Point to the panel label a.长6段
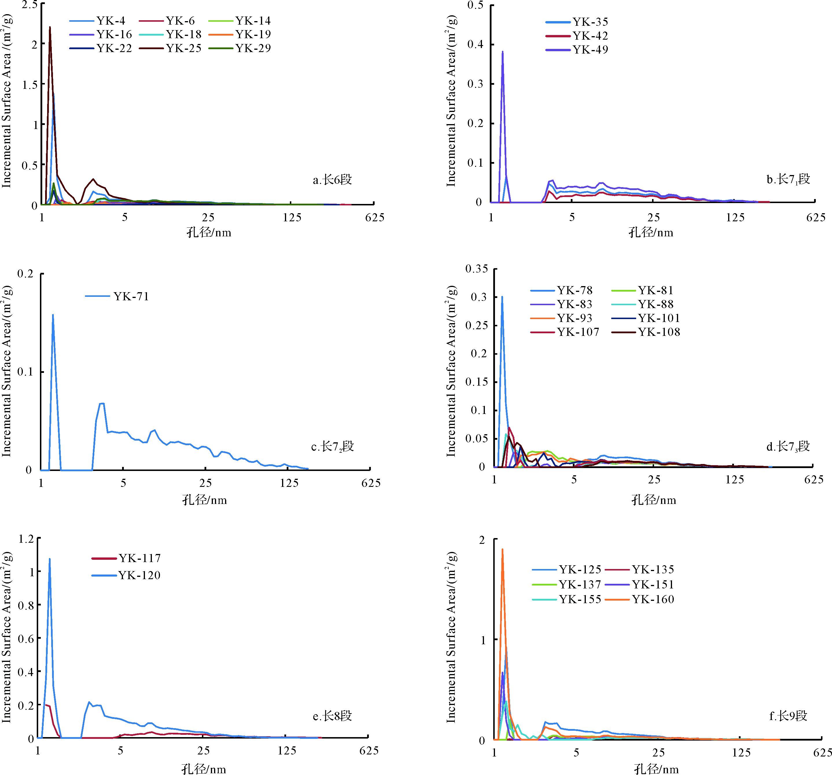332,180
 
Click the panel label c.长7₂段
332,446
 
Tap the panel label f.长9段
788,716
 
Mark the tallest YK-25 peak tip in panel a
50,27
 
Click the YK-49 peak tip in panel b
502,52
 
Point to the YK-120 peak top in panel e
49,559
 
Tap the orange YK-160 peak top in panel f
502,549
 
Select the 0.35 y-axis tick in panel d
477,269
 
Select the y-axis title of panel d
451,371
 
